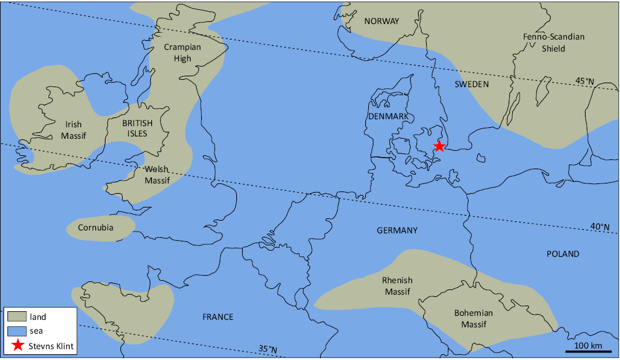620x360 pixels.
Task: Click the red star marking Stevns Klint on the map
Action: coord(439,146)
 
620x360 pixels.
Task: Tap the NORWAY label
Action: coord(381,21)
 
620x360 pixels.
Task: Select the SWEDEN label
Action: coord(471,84)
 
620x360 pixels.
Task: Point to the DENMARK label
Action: coord(388,116)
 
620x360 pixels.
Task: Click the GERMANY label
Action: coord(397,230)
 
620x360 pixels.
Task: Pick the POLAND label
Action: coord(563,254)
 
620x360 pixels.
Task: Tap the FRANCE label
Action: coord(218,317)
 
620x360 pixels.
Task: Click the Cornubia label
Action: coord(96,228)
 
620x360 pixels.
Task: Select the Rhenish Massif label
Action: coord(398,286)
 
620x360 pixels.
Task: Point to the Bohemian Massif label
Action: coord(473,319)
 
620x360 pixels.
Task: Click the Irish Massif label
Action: coord(73,130)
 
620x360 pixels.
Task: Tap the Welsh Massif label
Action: coord(157,175)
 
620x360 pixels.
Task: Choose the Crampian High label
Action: coord(182,53)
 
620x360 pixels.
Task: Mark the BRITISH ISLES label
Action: coord(138,128)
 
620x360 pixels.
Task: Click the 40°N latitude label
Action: coord(600,226)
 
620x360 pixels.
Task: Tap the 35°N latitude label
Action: coord(268,349)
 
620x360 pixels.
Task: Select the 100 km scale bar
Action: coord(588,350)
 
